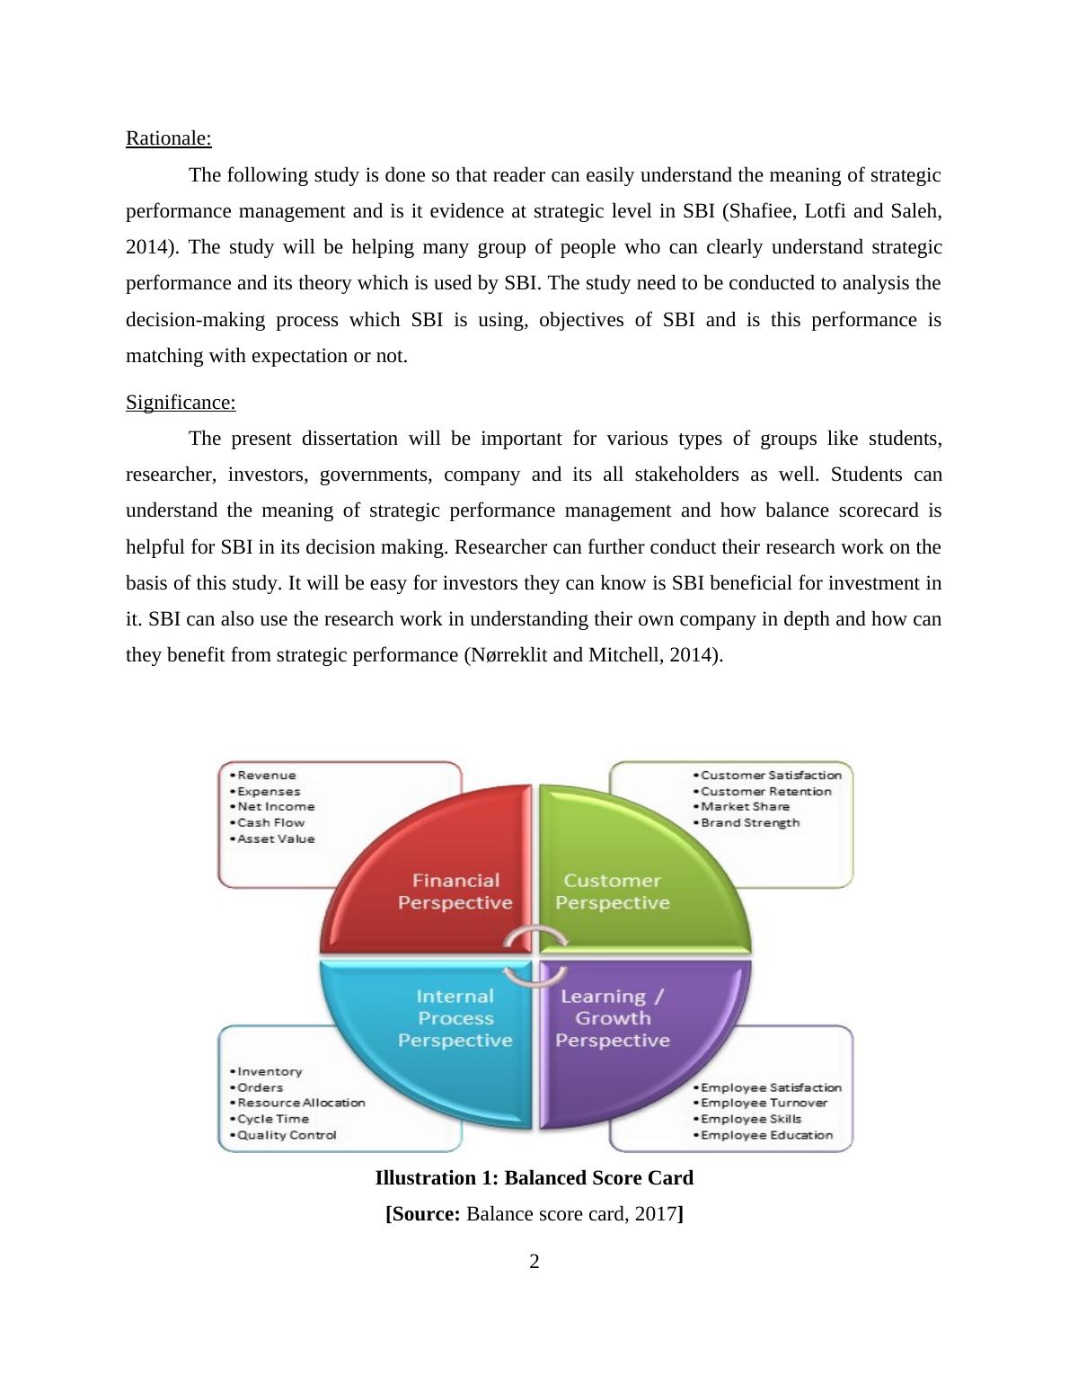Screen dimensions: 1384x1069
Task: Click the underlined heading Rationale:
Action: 168,138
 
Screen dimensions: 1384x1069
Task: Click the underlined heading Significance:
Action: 181,403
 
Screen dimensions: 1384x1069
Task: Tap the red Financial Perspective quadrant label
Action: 455,892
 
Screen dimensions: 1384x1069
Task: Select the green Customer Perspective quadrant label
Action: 613,892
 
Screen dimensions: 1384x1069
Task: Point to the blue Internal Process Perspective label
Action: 455,1018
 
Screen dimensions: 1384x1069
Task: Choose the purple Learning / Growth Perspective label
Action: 613,1018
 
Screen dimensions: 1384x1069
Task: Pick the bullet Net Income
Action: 276,807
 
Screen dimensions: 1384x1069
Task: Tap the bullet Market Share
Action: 745,807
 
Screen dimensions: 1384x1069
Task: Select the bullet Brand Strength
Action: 749,823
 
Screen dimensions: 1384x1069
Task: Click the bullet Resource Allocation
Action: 301,1104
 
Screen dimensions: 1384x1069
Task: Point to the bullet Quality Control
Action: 287,1136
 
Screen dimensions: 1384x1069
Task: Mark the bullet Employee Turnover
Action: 764,1104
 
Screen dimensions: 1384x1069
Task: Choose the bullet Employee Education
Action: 766,1136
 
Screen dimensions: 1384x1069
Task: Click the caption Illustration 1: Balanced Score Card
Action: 534,1178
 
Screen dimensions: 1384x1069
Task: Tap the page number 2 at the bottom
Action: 534,1262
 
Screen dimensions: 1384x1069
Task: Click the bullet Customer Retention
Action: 765,792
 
